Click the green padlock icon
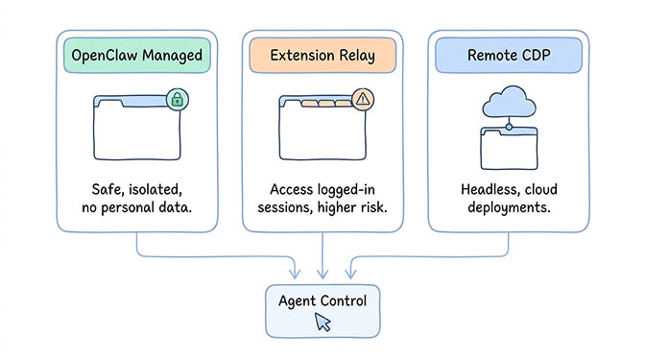[x=176, y=99]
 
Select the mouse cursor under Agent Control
[x=322, y=324]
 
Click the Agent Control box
[x=322, y=310]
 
